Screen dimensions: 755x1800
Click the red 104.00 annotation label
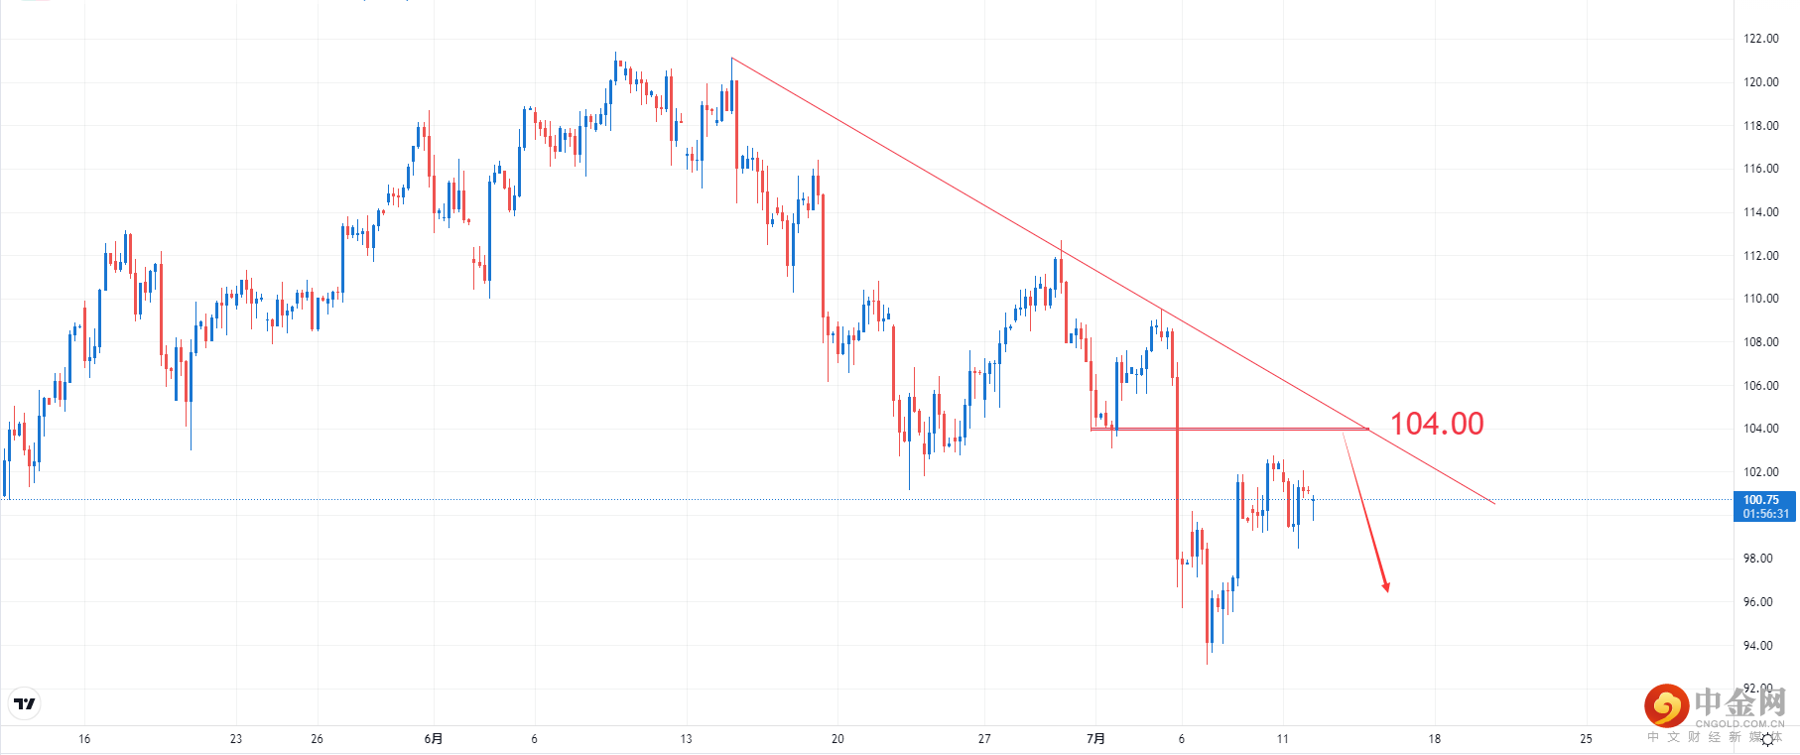pyautogui.click(x=1436, y=424)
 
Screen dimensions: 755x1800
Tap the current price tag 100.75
pyautogui.click(x=1762, y=500)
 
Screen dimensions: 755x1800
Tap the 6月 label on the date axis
pyautogui.click(x=433, y=739)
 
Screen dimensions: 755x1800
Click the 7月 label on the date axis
pyautogui.click(x=1095, y=739)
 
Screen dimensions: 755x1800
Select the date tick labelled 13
pyautogui.click(x=686, y=739)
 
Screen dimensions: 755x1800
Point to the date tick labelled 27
pyautogui.click(x=984, y=739)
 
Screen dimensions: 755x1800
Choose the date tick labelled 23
pyautogui.click(x=235, y=739)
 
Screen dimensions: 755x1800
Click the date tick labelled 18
pyautogui.click(x=1434, y=739)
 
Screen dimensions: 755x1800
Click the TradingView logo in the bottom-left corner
pyautogui.click(x=25, y=704)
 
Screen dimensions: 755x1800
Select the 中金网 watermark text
pyautogui.click(x=1739, y=702)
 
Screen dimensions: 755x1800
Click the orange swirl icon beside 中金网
pyautogui.click(x=1666, y=706)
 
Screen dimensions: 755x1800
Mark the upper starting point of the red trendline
pyautogui.click(x=732, y=58)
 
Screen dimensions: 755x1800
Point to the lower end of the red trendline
pyautogui.click(x=1494, y=503)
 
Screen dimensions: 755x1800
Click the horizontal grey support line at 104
pyautogui.click(x=1230, y=429)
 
